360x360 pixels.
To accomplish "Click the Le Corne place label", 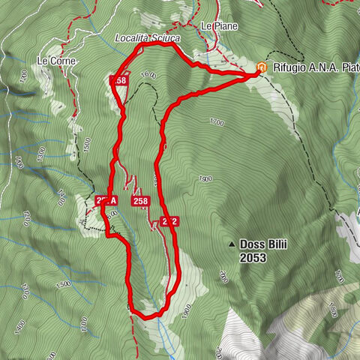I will (x=57, y=61).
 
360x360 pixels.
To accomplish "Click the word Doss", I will (x=252, y=244).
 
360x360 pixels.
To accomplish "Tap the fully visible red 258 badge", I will (x=140, y=201).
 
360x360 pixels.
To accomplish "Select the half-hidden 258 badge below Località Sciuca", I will (x=119, y=79).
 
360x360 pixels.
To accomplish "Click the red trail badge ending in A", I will (x=107, y=200).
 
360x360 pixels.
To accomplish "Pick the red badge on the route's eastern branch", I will (x=169, y=221).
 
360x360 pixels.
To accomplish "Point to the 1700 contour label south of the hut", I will (x=217, y=121).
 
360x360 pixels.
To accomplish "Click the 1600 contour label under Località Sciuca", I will (x=148, y=75).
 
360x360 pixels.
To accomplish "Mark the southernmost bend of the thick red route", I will (x=147, y=317).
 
